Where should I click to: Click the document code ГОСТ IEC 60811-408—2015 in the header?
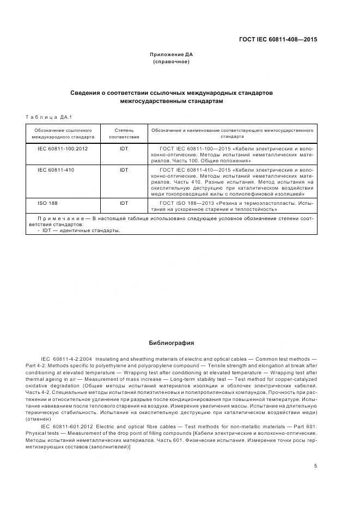278,39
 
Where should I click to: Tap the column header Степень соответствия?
124,134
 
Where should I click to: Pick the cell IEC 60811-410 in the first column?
56,170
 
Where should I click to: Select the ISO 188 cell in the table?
48,203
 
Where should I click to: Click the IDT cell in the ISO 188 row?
124,203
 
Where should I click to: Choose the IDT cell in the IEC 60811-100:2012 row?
124,148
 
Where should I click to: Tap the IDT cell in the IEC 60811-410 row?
124,170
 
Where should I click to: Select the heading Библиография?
172,343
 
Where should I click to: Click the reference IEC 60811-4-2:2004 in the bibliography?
68,359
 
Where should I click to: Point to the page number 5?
316,466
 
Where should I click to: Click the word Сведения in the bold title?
87,93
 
